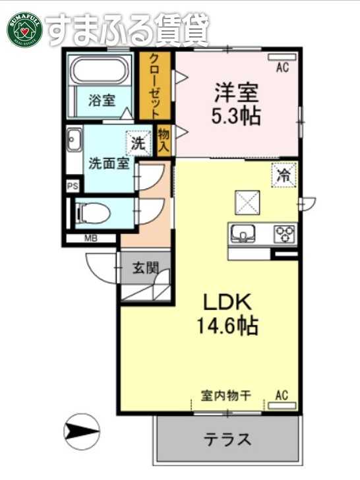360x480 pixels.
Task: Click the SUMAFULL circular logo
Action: (25, 30)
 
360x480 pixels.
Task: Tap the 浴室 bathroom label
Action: (102, 101)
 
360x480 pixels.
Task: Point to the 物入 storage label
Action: (164, 140)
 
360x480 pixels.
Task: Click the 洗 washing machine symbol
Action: (138, 141)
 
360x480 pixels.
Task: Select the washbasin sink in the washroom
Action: (73, 140)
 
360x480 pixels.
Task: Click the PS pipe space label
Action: (72, 187)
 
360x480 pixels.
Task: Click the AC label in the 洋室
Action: (282, 66)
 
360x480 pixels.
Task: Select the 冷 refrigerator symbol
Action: (284, 176)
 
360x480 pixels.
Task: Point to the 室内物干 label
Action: (225, 396)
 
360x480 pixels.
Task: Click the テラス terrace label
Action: (226, 438)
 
